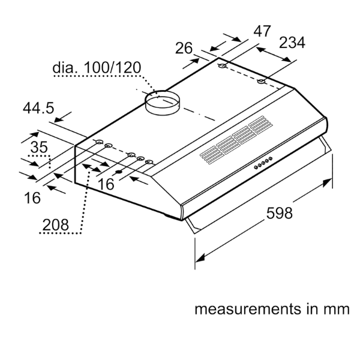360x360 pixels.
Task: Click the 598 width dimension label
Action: point(280,213)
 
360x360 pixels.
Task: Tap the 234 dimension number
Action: point(292,43)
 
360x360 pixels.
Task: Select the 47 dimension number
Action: point(262,31)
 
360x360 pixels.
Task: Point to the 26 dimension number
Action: point(184,48)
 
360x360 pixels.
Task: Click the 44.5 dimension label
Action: point(38,108)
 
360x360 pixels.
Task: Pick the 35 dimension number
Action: point(39,147)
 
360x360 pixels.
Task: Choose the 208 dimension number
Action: point(56,224)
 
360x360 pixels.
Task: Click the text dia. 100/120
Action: point(97,67)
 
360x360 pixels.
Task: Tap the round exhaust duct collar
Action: point(163,103)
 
